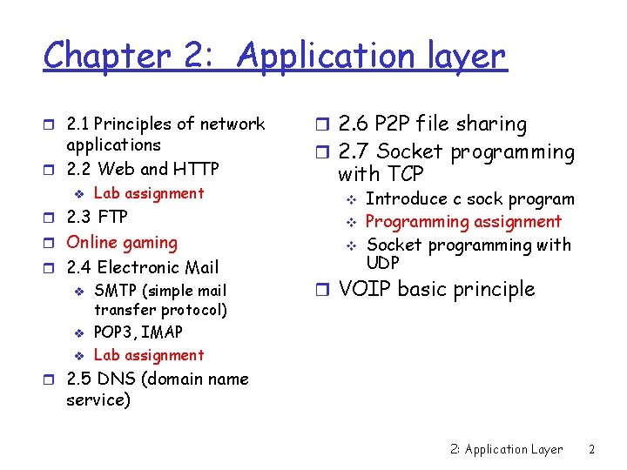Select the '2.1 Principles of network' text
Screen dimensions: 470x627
pyautogui.click(x=165, y=124)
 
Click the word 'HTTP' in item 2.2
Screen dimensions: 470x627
pyautogui.click(x=196, y=168)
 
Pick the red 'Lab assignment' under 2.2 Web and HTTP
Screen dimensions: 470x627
pyautogui.click(x=148, y=193)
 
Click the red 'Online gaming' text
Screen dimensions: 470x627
pyautogui.click(x=122, y=243)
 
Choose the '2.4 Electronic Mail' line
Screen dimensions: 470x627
pyautogui.click(x=143, y=267)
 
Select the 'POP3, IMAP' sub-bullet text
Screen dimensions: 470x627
pyautogui.click(x=138, y=332)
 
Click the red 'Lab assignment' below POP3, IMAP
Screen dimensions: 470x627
pyautogui.click(x=148, y=355)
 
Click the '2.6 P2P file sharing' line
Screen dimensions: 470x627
pyautogui.click(x=432, y=124)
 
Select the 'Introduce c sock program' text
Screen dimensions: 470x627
pyautogui.click(x=469, y=199)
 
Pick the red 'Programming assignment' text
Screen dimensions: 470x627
pyautogui.click(x=463, y=222)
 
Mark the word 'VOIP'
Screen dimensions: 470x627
pyautogui.click(x=364, y=289)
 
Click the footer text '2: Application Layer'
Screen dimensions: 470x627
pyautogui.click(x=506, y=449)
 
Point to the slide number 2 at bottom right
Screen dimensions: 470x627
pyautogui.click(x=591, y=449)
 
